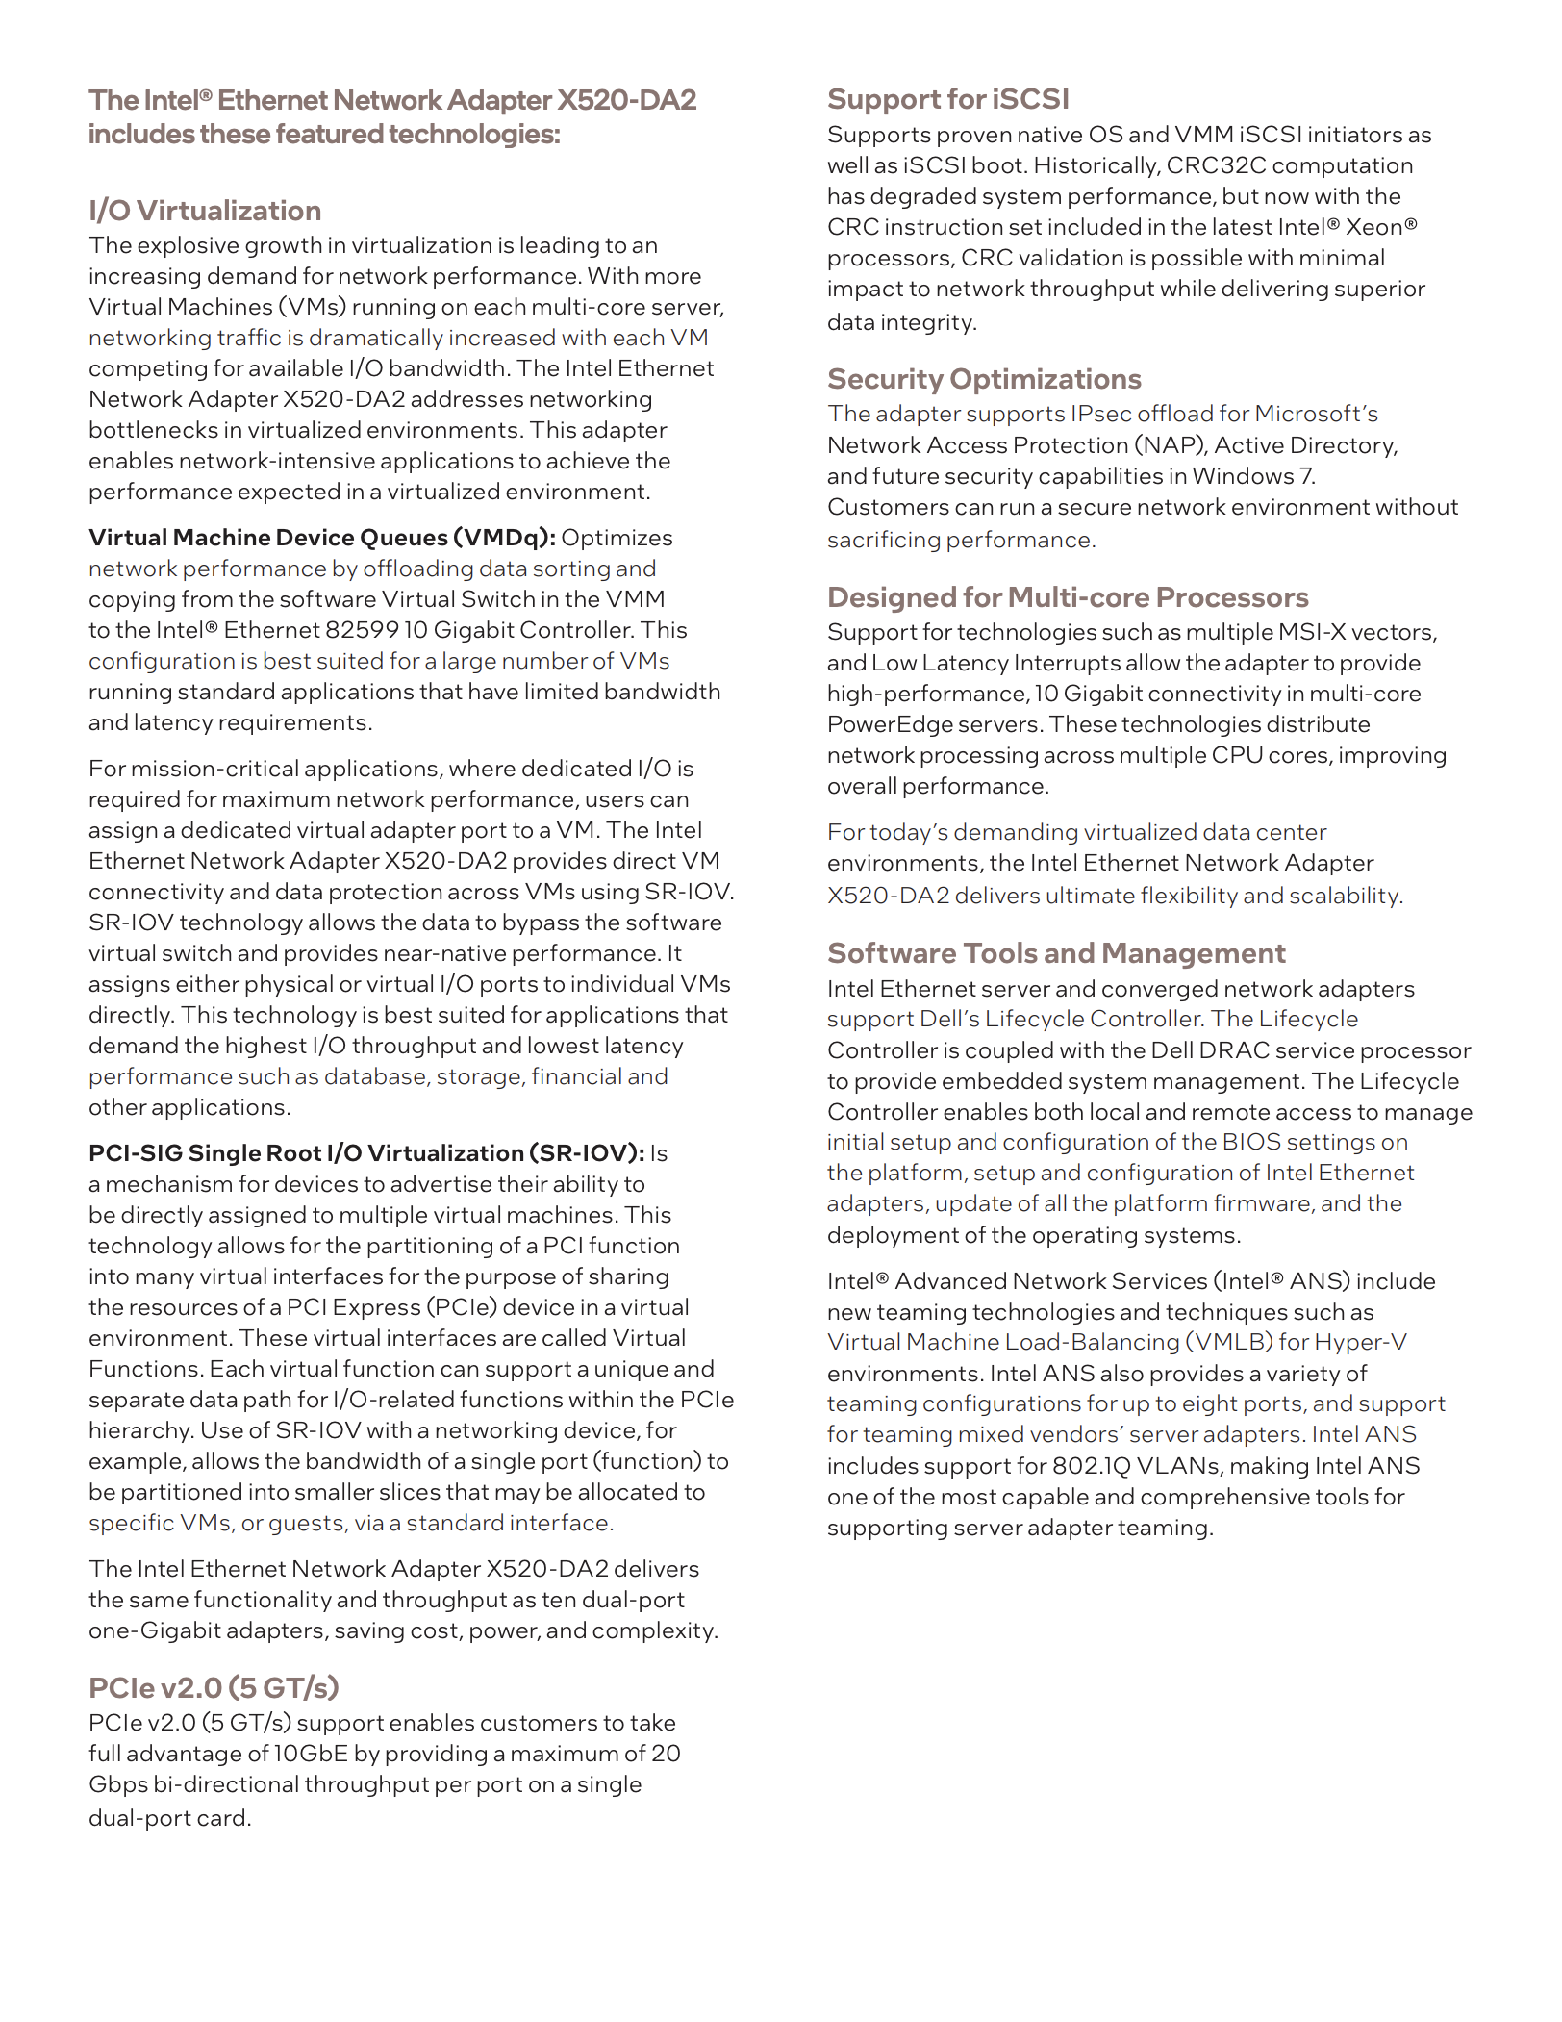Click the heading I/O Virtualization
coord(205,211)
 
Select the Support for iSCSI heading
coord(947,99)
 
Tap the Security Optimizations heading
coord(984,379)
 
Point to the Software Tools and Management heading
coord(1056,953)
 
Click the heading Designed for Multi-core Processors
coord(1068,597)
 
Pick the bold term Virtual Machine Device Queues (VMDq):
coord(322,538)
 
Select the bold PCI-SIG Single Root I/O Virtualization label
coord(366,1153)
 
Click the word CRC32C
coord(1216,165)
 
